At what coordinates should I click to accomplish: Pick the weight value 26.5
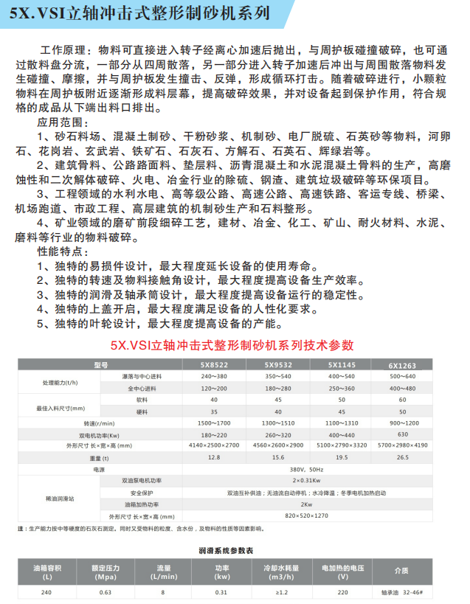point(402,457)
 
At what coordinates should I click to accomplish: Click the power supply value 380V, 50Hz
point(307,468)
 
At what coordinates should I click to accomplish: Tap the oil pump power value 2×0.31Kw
point(307,480)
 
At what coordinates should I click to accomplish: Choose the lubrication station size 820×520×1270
point(307,516)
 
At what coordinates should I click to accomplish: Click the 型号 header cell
point(100,364)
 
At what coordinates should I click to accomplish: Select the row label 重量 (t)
point(100,457)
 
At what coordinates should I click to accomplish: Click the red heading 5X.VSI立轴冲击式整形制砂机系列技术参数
point(235,344)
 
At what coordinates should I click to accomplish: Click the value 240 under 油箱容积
point(49,591)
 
